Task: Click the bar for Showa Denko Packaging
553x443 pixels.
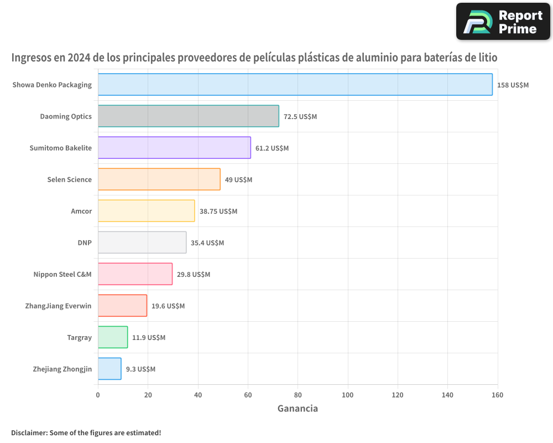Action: coord(295,85)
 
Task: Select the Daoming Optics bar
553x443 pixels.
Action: coord(188,116)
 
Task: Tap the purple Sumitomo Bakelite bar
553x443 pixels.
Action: coord(174,148)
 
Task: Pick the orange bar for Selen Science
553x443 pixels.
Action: coord(159,179)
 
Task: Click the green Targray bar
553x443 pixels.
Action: coord(113,337)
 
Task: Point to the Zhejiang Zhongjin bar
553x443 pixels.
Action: coord(109,369)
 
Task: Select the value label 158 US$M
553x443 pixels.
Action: coord(513,85)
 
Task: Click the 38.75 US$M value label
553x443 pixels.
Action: coord(218,212)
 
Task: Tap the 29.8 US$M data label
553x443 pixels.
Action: coord(193,275)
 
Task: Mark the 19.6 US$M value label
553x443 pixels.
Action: coord(168,306)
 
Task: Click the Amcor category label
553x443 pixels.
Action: coord(81,212)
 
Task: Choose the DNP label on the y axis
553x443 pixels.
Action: coord(85,243)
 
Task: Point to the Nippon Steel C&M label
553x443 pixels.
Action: coord(62,275)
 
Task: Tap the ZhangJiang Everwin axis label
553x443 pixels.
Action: coord(58,306)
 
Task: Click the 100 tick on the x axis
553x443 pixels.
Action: coord(348,395)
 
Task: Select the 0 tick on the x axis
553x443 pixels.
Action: coord(98,395)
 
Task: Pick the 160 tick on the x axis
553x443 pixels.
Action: coord(498,395)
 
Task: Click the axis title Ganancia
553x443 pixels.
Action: coord(298,409)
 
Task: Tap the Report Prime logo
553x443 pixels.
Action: coord(503,22)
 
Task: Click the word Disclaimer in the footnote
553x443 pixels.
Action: coord(28,432)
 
